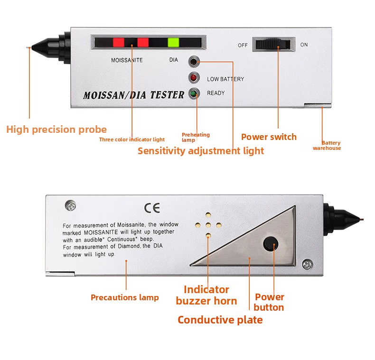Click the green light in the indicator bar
173,42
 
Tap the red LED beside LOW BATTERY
194,78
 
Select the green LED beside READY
194,93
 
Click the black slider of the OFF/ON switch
273,45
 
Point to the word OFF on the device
243,45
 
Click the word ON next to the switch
304,45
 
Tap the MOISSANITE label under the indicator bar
127,60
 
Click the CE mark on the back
152,208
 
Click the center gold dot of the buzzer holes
208,225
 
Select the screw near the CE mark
71,205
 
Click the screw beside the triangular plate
307,264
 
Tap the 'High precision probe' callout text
56,129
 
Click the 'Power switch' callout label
269,137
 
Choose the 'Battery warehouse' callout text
327,145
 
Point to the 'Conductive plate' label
220,320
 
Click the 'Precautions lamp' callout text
124,297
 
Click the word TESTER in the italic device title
167,95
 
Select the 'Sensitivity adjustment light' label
201,151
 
